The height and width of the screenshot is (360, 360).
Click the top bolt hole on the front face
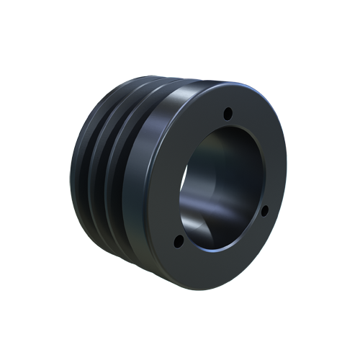[x=228, y=113]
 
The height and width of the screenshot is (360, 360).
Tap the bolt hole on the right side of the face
[x=264, y=210]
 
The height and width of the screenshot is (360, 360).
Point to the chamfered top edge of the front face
[x=216, y=86]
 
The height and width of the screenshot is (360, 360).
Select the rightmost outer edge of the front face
[x=286, y=180]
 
